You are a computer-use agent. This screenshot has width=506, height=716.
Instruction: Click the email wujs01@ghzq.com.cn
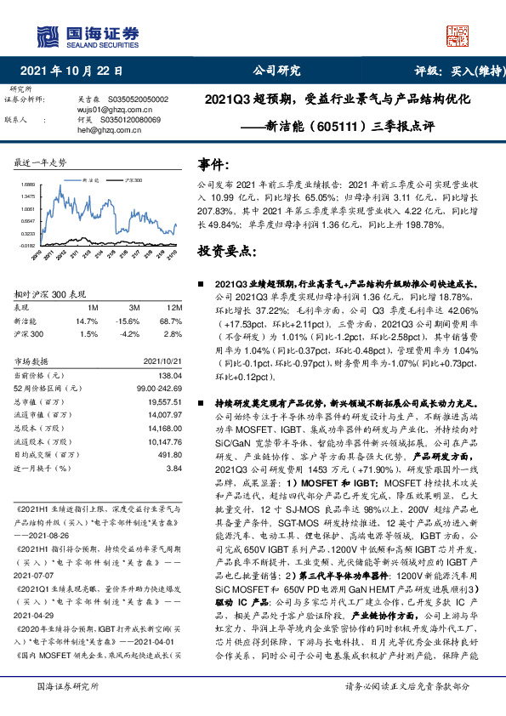coord(110,111)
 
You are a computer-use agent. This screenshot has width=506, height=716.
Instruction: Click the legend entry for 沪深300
coord(134,181)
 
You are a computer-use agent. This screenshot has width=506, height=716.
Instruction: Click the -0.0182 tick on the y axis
coord(26,245)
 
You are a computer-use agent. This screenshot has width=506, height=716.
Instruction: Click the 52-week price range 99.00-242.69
coord(156,387)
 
